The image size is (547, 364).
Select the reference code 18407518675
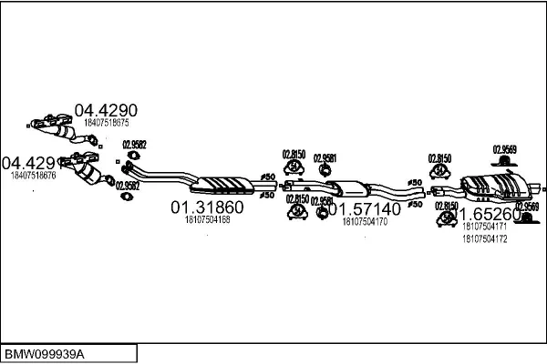pos(107,122)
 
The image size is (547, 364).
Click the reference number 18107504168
pos(207,219)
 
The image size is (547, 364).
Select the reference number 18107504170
pos(365,221)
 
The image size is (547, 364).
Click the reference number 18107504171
pos(484,226)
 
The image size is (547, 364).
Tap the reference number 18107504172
pos(484,238)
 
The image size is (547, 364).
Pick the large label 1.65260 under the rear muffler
pos(488,215)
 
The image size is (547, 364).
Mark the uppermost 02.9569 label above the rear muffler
pos(505,148)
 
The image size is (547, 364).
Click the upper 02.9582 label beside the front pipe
pos(135,144)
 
